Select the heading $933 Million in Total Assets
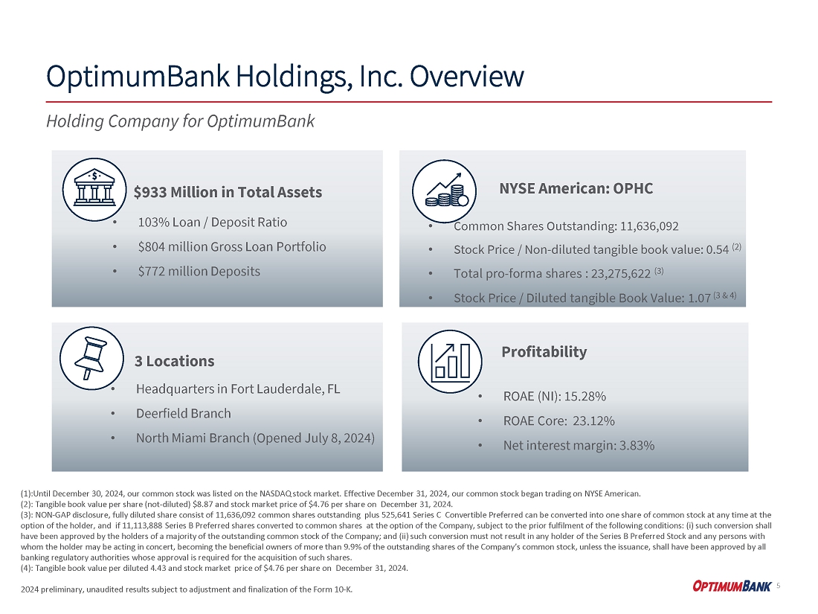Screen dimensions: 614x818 [228, 192]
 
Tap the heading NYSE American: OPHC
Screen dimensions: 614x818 [576, 188]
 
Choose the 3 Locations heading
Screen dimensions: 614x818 [175, 361]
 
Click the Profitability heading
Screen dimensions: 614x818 [544, 351]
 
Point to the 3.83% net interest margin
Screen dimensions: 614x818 [631, 445]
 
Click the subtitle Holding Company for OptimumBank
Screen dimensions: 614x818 [181, 121]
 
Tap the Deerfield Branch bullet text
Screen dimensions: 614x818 [184, 413]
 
